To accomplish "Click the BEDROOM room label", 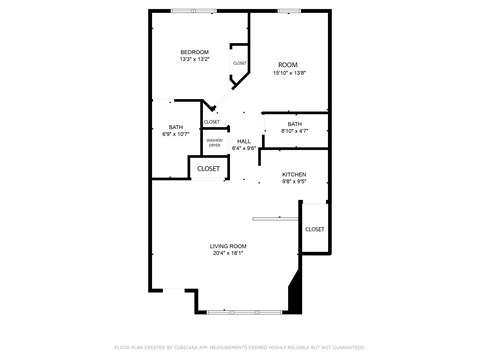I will pos(194,52).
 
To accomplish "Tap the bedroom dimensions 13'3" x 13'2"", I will pos(194,59).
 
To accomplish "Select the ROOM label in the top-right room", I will pos(288,65).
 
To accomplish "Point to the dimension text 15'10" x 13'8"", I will pos(288,72).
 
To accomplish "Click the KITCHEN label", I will pos(293,175).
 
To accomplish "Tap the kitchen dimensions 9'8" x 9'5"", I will pos(293,182).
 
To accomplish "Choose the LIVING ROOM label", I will pos(228,246).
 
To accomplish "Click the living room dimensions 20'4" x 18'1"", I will pos(228,253).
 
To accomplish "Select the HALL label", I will pos(244,141).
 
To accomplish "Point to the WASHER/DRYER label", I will pos(214,143).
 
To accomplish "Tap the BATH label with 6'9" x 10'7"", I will pos(176,127).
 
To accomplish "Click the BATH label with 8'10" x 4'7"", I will pos(294,124).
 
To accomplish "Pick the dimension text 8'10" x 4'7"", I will pos(294,131).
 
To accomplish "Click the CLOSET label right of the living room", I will pos(314,229).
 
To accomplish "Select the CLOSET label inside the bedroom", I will pos(240,63).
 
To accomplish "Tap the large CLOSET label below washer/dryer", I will pos(208,169).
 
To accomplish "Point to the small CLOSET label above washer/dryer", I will pos(212,122).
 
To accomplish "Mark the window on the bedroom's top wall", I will pos(193,11).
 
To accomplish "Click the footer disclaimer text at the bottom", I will pos(240,347).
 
